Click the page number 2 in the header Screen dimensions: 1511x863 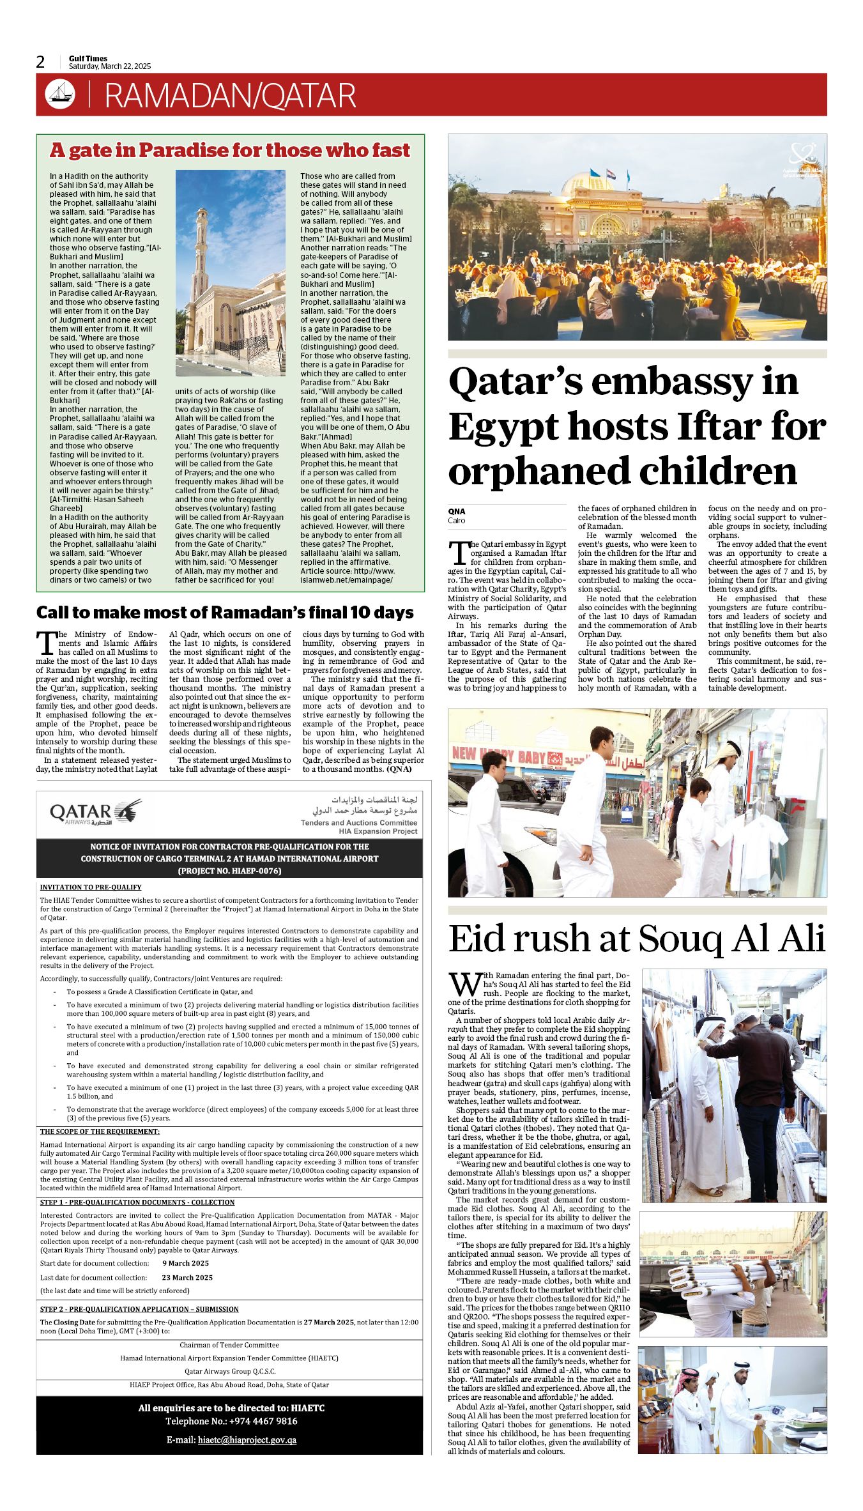(40, 62)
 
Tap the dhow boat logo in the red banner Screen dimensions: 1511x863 (60, 95)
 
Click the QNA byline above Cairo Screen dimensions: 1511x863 (457, 511)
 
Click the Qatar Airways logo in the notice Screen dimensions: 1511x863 (96, 813)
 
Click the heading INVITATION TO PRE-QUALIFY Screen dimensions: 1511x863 (91, 887)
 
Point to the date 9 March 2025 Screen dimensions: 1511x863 (185, 1263)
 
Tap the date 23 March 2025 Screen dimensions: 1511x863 (187, 1277)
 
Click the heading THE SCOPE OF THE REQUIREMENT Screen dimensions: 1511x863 (100, 1131)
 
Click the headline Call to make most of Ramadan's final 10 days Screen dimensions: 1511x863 (225, 612)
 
